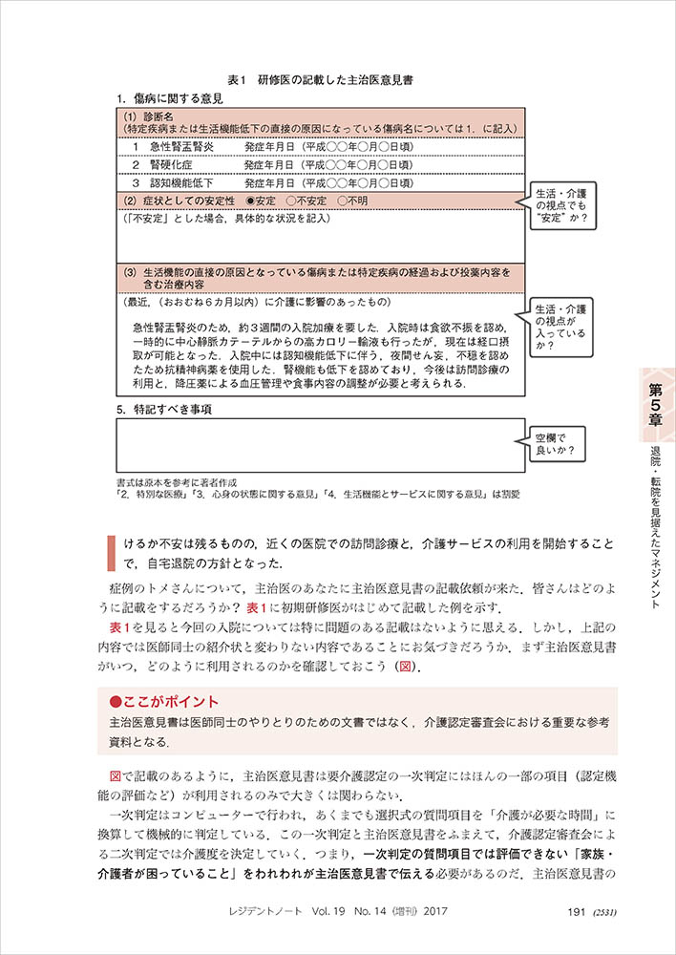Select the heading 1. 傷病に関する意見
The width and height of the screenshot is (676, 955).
(x=170, y=98)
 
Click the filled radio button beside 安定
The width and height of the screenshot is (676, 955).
(x=250, y=202)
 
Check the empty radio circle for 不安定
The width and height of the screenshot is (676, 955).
(x=290, y=202)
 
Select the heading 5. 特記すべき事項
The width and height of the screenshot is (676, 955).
(x=163, y=410)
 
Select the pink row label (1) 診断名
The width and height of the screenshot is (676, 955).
(x=146, y=117)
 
